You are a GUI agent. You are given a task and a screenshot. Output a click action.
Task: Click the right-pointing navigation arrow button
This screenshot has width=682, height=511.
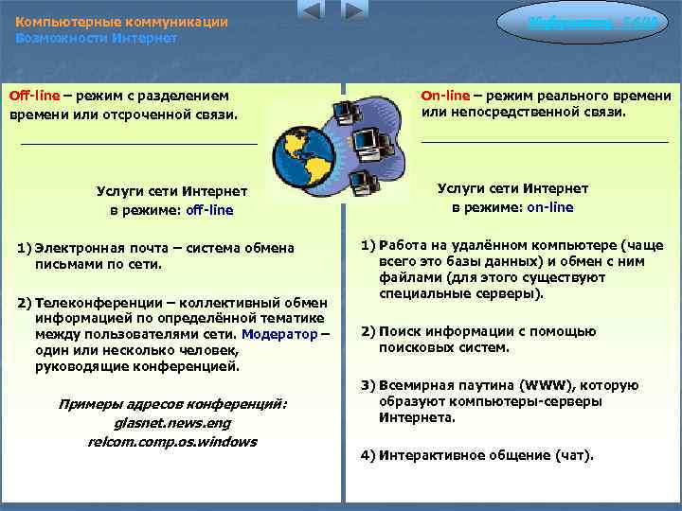pos(354,11)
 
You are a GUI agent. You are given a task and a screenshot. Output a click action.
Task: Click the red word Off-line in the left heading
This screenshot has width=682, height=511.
pos(36,96)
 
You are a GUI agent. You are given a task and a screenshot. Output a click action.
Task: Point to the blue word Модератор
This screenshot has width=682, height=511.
pos(280,334)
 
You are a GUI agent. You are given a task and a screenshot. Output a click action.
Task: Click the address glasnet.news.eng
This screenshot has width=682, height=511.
pos(171,423)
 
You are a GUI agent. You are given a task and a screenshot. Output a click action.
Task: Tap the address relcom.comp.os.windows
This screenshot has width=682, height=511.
pos(171,441)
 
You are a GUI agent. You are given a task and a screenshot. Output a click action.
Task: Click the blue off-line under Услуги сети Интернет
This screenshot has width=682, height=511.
pos(209,210)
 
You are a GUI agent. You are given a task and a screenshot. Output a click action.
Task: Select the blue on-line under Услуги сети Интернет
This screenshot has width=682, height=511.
pos(549,207)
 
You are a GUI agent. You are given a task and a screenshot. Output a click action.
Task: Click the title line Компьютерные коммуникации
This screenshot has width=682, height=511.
pos(121,22)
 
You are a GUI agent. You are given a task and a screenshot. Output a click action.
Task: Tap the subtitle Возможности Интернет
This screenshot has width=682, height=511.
pos(96,38)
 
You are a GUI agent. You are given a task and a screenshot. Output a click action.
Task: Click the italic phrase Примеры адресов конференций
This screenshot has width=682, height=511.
pos(171,405)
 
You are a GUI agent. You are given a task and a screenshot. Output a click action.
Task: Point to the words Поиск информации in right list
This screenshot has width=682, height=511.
pos(439,331)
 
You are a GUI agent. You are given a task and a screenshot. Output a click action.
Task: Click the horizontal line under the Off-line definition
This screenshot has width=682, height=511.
pos(138,143)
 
